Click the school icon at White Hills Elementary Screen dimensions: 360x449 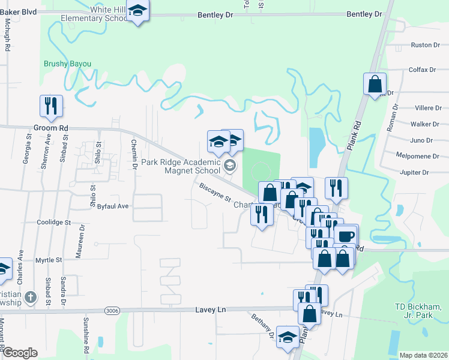coord(139,11)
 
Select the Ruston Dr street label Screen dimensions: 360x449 coord(421,45)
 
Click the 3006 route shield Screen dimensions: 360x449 coord(111,310)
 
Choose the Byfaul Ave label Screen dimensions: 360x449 coord(113,206)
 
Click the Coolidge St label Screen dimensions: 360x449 coord(53,222)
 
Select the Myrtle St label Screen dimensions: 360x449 coord(49,260)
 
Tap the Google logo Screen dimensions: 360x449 coord(19,353)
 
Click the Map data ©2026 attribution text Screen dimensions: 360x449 coord(423,355)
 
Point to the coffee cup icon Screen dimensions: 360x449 coord(346,235)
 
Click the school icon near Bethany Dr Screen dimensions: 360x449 coord(288,338)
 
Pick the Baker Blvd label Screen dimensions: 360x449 coord(19,11)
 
